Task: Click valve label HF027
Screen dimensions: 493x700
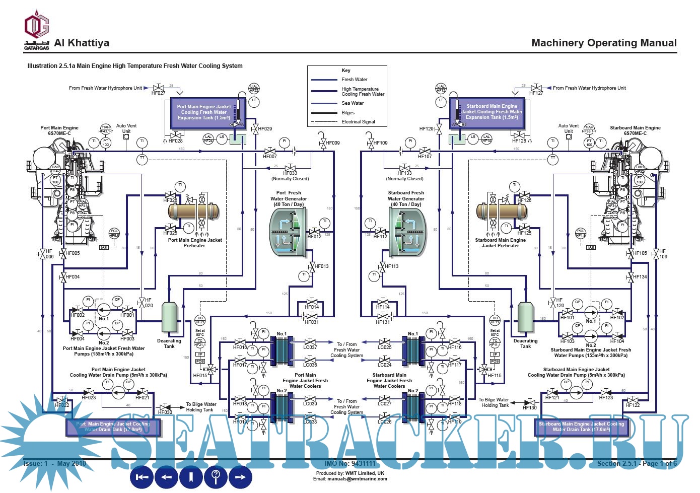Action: (158, 93)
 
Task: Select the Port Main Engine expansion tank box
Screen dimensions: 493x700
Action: (203, 112)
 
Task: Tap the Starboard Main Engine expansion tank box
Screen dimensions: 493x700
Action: (492, 112)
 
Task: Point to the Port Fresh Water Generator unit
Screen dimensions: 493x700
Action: (288, 232)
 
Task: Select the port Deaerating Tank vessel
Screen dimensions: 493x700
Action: (169, 319)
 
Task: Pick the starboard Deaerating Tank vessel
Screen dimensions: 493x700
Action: (525, 319)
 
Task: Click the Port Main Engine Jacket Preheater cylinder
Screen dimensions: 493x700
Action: (194, 210)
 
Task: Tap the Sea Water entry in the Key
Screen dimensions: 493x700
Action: (353, 103)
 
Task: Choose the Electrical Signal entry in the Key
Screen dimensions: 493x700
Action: (358, 122)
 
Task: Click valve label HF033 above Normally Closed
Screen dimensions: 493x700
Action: (290, 173)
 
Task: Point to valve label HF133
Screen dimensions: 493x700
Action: (404, 173)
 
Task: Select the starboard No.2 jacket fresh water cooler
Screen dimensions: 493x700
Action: (412, 407)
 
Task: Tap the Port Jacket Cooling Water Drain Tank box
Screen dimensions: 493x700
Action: (113, 427)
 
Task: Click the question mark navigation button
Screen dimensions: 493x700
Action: (216, 476)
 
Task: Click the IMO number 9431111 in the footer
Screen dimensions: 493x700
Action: (350, 463)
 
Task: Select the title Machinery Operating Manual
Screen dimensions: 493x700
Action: (604, 43)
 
